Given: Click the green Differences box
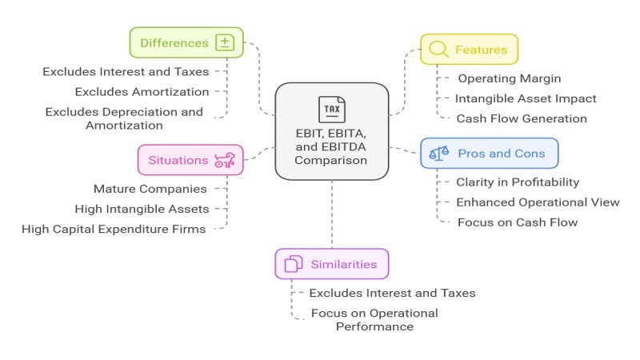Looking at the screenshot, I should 186,42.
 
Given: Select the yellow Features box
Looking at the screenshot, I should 469,49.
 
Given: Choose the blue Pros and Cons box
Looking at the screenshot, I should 489,152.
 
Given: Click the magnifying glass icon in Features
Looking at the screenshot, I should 438,49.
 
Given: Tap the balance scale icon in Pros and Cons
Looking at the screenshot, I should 439,152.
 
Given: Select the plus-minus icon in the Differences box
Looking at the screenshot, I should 225,42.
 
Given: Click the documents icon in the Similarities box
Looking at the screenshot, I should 294,263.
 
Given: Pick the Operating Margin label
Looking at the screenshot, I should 509,78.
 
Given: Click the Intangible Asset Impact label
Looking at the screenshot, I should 526,98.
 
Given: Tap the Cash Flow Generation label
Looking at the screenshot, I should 522,118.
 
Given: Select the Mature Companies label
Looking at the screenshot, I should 150,189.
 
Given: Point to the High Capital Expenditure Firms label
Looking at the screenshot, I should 114,229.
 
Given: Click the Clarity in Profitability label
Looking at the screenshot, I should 518,182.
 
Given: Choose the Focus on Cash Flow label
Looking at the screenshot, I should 518,222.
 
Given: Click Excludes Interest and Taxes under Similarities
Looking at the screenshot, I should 392,293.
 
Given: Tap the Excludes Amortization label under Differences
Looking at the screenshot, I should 142,91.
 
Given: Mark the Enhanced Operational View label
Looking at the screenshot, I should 538,202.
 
